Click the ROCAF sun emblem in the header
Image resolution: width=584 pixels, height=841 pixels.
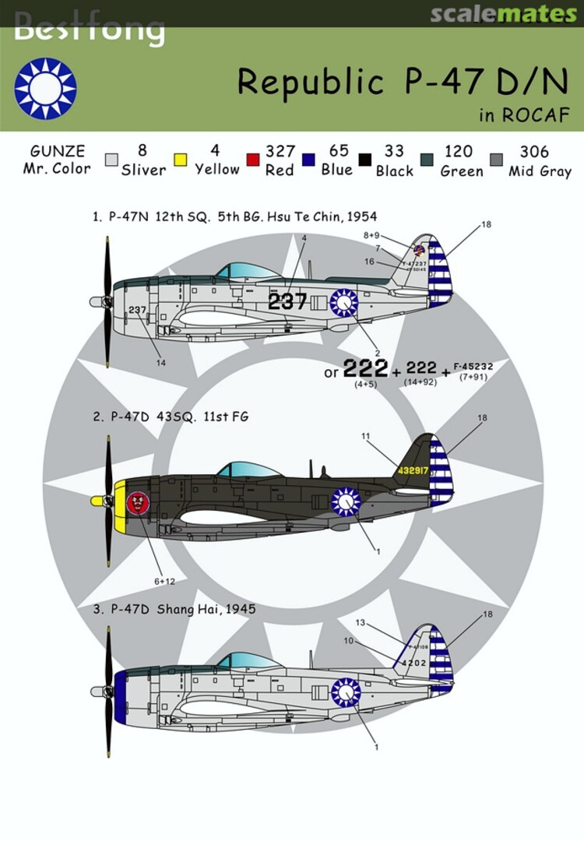pyautogui.click(x=45, y=89)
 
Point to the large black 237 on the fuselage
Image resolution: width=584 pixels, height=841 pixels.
pyautogui.click(x=287, y=301)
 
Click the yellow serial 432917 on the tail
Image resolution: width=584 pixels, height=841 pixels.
pyautogui.click(x=412, y=470)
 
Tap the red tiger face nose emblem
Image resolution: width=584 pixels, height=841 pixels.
pyautogui.click(x=137, y=502)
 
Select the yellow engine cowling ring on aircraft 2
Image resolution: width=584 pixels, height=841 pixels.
pyautogui.click(x=120, y=501)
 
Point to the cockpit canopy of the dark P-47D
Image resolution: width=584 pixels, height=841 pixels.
pyautogui.click(x=248, y=469)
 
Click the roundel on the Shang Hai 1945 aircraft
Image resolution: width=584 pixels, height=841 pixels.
pyautogui.click(x=345, y=691)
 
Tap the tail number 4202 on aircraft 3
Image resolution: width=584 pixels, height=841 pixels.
pyautogui.click(x=417, y=663)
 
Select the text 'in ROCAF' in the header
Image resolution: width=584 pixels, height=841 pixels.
pyautogui.click(x=524, y=116)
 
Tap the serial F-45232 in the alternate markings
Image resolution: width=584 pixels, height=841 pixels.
pyautogui.click(x=472, y=366)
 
